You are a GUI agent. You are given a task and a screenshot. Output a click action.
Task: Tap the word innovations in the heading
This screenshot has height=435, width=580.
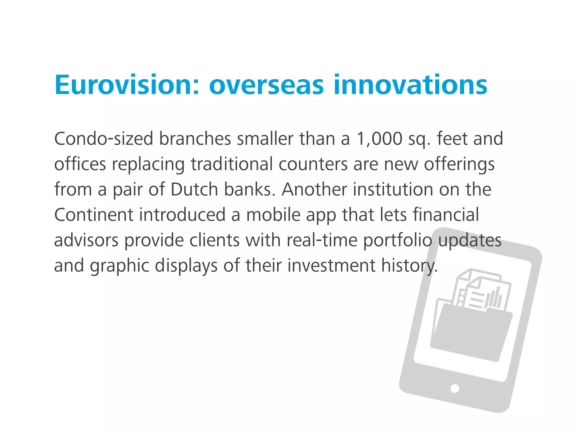coord(410,85)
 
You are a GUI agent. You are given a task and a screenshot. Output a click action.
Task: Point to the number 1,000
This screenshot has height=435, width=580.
coord(379,139)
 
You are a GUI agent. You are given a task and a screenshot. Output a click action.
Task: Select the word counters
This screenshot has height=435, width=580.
coord(313,164)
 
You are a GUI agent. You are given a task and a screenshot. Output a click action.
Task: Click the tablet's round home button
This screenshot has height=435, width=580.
coord(455,388)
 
